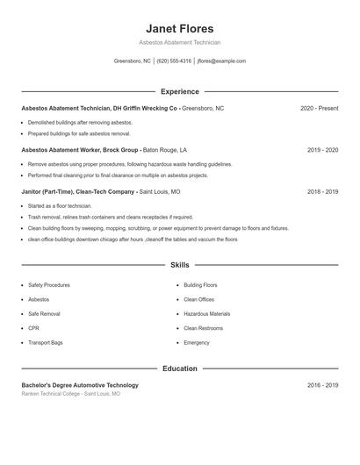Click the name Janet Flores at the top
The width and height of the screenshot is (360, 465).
(x=179, y=29)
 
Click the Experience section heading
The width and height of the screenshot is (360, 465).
(x=179, y=91)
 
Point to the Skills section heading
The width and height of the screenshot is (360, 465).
(x=179, y=264)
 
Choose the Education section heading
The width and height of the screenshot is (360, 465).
(x=179, y=368)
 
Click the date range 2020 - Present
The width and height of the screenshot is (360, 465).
(x=319, y=108)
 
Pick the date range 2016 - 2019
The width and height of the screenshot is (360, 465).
(x=322, y=385)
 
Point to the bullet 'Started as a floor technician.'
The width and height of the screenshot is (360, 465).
(x=60, y=205)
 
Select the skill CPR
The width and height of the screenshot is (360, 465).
(x=33, y=328)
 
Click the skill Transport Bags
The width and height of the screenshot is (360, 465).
(x=45, y=342)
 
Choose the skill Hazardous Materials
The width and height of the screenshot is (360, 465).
(x=206, y=313)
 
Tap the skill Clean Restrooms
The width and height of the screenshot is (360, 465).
(x=203, y=328)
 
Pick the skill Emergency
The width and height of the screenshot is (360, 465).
(x=197, y=342)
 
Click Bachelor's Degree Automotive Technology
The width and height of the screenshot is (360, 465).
(x=80, y=385)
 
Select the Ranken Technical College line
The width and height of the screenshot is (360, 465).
(x=71, y=394)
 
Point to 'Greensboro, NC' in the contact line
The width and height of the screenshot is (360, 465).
(x=133, y=61)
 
